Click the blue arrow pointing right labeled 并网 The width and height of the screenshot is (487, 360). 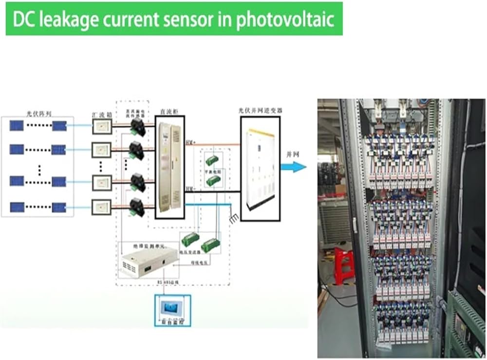tap(293, 167)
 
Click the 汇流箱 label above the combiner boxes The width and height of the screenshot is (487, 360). tap(100, 115)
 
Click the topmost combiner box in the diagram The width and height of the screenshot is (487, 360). tap(102, 127)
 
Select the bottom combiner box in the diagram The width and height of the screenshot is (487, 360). tap(102, 208)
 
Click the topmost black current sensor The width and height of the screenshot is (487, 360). tap(136, 128)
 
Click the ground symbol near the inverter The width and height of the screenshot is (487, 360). tap(234, 218)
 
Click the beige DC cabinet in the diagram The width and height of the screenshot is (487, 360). tap(169, 166)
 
